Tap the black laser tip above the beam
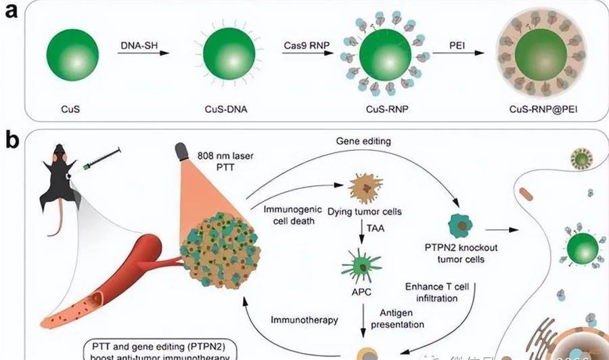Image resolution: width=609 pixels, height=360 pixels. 183,152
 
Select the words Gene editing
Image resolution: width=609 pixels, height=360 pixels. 363,142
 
